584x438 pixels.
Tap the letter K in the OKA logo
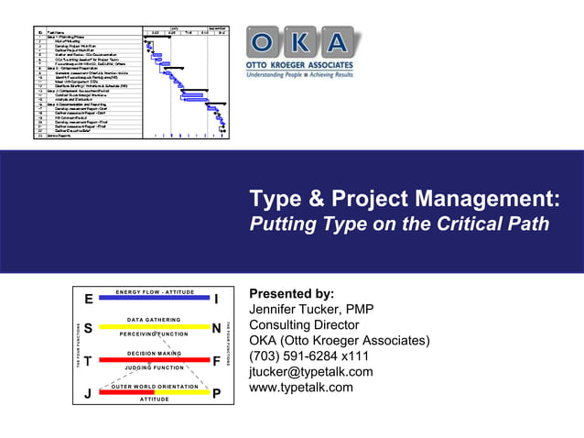click(303, 42)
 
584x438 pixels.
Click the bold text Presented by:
click(292, 293)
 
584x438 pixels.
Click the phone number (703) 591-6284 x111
click(309, 356)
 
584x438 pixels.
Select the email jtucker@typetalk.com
click(311, 371)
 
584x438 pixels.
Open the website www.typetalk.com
click(301, 387)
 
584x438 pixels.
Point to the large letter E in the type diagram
click(88, 300)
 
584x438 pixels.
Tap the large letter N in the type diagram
click(215, 328)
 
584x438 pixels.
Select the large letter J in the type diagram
click(88, 395)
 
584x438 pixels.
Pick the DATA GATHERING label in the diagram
click(153, 319)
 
